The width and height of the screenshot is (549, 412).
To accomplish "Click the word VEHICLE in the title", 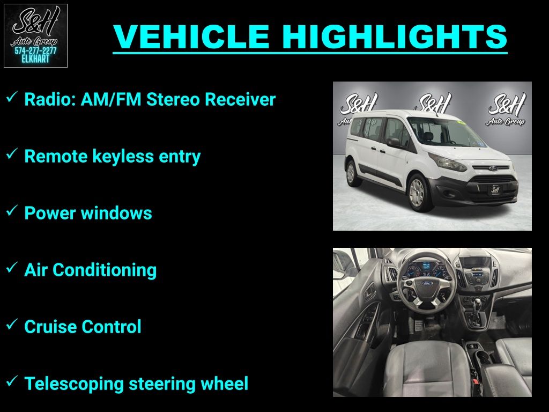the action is click(191, 37).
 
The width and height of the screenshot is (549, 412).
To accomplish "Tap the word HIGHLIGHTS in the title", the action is click(395, 37).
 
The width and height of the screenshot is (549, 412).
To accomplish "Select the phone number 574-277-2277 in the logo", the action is click(35, 51).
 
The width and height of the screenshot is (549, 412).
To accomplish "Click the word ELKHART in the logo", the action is click(35, 59).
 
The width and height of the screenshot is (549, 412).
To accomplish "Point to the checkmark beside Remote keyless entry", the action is click(12, 153).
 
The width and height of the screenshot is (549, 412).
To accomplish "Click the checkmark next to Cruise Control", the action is click(12, 324).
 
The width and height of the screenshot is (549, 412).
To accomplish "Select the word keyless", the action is click(123, 156).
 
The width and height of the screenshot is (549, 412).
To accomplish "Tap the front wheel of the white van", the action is click(418, 193).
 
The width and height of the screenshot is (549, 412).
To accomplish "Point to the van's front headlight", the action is click(448, 163).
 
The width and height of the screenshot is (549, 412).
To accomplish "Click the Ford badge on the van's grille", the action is click(494, 168).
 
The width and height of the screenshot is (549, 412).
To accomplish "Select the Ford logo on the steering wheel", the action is click(427, 283).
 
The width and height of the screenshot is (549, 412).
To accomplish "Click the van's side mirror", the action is click(394, 142).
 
